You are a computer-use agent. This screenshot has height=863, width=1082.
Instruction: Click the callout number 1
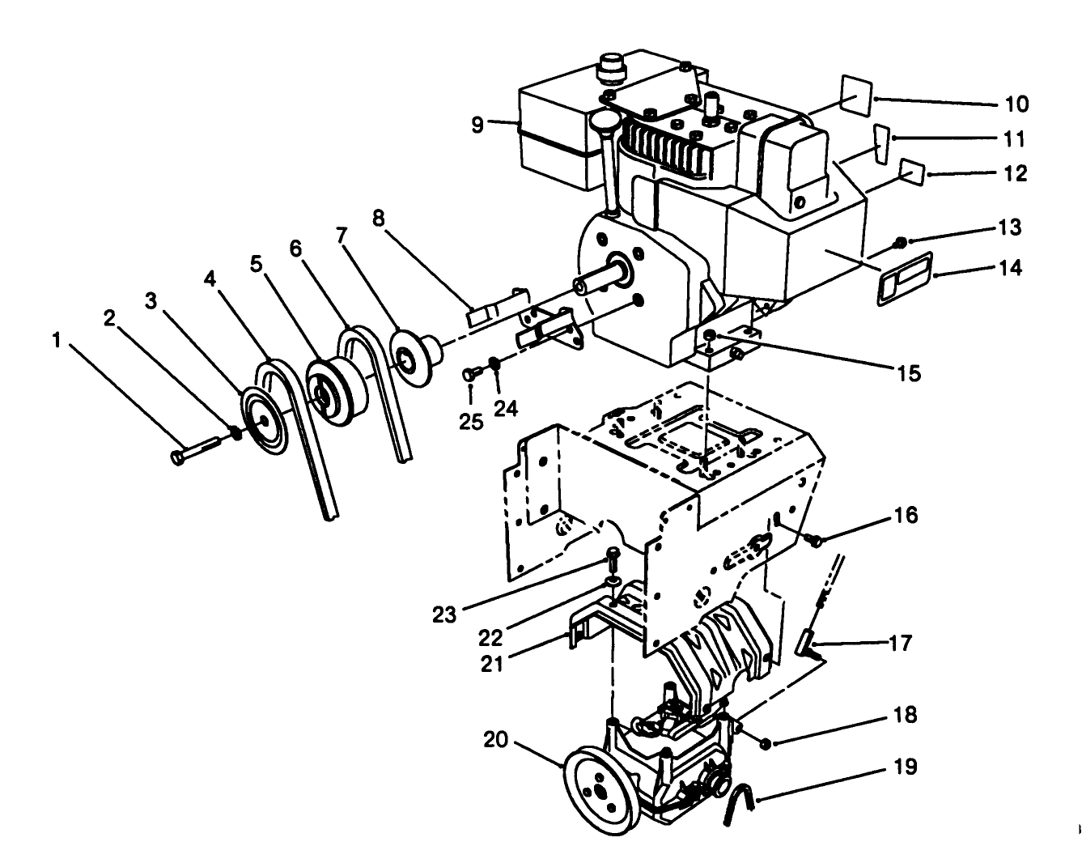pos(56,341)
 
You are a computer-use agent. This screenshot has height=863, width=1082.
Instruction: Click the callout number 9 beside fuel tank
pos(477,125)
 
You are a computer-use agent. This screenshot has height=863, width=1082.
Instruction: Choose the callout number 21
pos(492,664)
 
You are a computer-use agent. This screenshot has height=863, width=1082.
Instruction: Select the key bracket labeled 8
pos(491,307)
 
